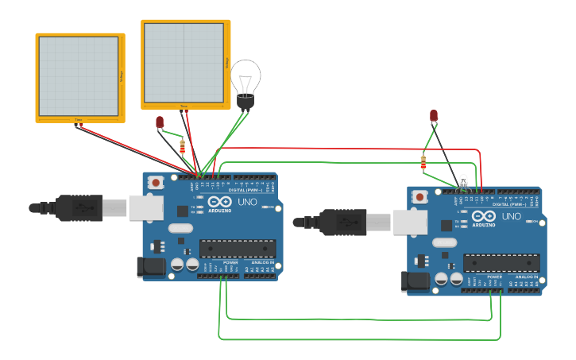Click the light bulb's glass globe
(245, 76)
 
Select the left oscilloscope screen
(79, 76)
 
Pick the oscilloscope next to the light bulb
(184, 63)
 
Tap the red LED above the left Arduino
(160, 122)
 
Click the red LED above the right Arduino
(433, 116)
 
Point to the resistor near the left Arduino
(184, 146)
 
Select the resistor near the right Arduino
(423, 163)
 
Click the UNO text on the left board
(247, 203)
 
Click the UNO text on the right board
(512, 216)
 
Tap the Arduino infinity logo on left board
(219, 202)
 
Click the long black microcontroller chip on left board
(237, 248)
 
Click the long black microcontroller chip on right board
(501, 262)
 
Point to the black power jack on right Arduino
(416, 281)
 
